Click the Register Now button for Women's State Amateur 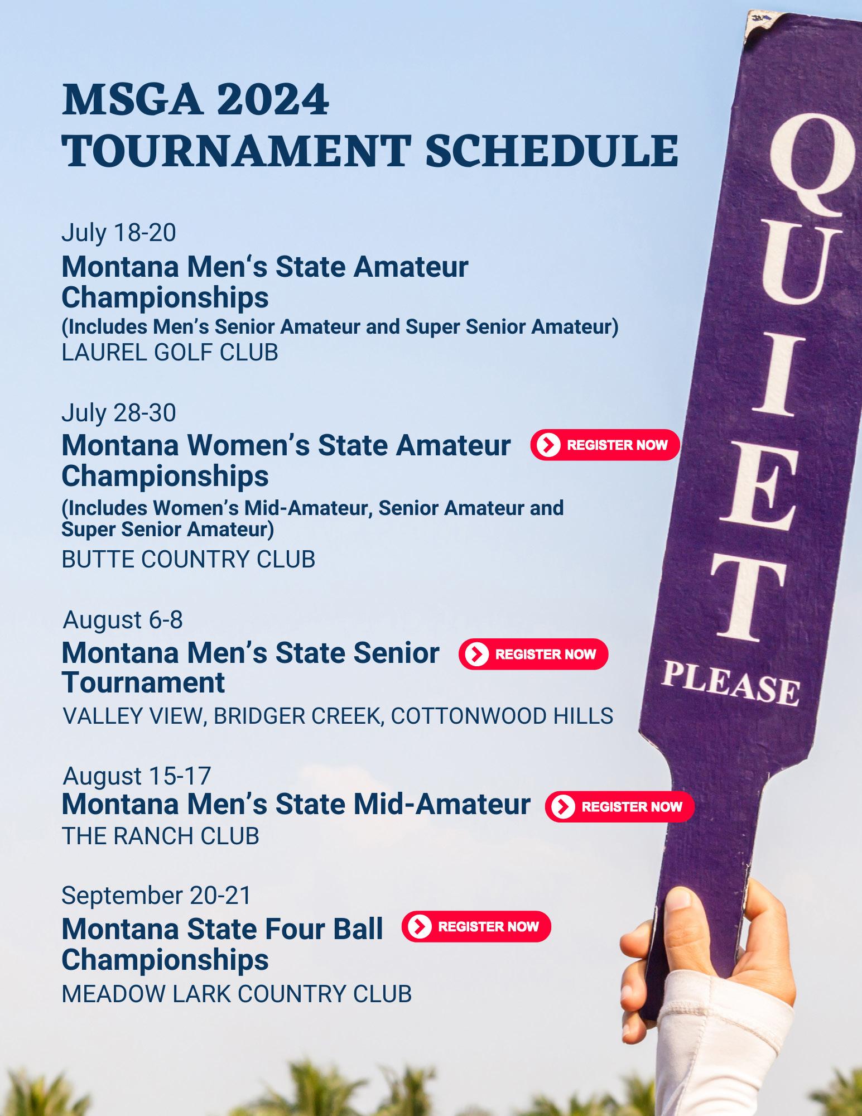605,445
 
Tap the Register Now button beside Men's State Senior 533,654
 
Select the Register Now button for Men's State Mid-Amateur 619,806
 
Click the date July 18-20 119,233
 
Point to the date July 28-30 119,413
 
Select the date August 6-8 123,620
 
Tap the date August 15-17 137,776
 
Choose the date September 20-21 156,896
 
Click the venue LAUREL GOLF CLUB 170,353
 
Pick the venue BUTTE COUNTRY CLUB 189,560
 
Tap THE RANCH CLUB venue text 161,836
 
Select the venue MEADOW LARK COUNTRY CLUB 237,994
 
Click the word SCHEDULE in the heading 552,151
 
